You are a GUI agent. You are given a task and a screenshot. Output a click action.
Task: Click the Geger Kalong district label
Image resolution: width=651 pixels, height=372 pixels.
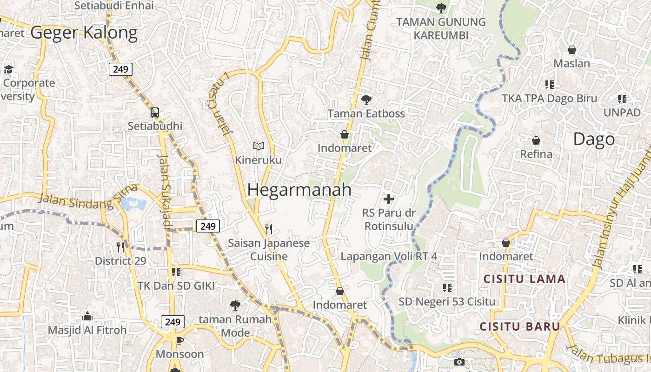(x=84, y=33)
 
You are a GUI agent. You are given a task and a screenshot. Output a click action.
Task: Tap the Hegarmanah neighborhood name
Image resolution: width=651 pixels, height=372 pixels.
(x=299, y=190)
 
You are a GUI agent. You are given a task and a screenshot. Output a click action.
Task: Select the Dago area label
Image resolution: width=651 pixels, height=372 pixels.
(x=594, y=139)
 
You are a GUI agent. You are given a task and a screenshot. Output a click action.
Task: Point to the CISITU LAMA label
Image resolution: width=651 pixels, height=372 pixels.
(x=525, y=279)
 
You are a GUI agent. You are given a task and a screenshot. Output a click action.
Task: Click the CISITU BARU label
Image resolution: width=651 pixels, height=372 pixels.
(x=520, y=326)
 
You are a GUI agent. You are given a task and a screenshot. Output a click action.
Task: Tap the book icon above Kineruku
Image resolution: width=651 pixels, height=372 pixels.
(x=259, y=146)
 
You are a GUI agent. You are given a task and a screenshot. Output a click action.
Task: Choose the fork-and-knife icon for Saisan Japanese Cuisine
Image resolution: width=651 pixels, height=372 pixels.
(x=268, y=229)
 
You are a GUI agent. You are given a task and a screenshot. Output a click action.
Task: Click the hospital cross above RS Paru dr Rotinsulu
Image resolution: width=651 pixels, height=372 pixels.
(x=389, y=199)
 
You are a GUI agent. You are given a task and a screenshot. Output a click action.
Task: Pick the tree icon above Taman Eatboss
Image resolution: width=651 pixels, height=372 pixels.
(x=366, y=100)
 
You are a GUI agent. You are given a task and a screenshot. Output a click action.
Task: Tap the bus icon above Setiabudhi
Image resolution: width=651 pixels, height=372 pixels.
(x=155, y=112)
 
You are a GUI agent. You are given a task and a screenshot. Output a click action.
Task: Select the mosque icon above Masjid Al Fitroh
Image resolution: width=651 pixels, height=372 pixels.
(x=87, y=317)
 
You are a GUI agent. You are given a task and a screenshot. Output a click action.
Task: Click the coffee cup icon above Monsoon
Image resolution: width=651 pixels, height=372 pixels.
(x=179, y=341)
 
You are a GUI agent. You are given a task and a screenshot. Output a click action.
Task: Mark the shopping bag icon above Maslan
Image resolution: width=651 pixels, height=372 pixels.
(x=572, y=49)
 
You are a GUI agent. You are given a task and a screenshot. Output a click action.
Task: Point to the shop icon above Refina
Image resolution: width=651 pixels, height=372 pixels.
(x=536, y=140)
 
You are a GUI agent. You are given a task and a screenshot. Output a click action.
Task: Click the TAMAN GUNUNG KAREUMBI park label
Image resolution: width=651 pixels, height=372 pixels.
(x=441, y=28)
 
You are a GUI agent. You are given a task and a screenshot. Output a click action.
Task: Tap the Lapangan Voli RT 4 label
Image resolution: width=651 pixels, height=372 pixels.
(x=389, y=256)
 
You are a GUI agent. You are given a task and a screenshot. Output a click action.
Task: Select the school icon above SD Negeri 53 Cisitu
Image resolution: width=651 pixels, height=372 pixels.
(x=447, y=288)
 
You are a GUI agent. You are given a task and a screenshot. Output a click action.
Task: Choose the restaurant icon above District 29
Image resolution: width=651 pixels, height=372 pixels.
(x=120, y=247)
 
